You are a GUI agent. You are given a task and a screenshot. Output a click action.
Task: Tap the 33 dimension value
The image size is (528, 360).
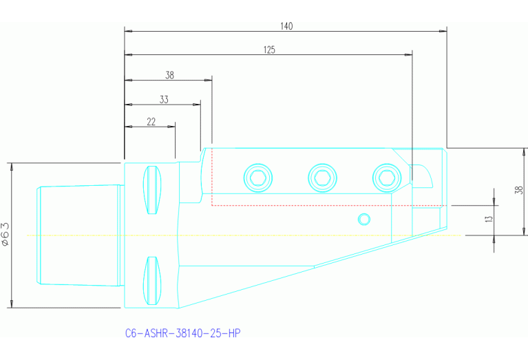click(x=164, y=99)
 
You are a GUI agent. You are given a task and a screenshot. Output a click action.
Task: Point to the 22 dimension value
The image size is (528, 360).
click(x=151, y=122)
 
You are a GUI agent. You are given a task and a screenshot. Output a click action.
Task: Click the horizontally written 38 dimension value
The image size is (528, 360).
click(x=169, y=75)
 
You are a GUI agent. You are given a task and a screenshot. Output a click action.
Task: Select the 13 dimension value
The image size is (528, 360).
click(x=489, y=219)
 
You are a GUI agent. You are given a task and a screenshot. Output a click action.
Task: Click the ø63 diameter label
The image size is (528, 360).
click(x=6, y=234)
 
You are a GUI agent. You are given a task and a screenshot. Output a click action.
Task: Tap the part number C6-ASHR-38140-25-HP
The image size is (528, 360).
click(x=182, y=333)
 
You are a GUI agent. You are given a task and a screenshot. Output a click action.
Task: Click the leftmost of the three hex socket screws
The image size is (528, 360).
click(x=258, y=178)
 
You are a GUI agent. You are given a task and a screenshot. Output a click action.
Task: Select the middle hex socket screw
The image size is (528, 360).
click(x=322, y=178)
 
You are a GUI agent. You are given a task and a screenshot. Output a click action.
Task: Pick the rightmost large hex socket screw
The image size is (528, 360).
click(x=386, y=178)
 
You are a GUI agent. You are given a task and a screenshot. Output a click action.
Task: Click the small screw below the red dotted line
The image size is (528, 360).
click(x=363, y=219)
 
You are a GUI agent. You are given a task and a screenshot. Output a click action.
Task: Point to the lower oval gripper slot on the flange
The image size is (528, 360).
click(x=153, y=280)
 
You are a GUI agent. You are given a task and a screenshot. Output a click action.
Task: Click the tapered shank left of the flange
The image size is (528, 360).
click(x=79, y=235)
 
